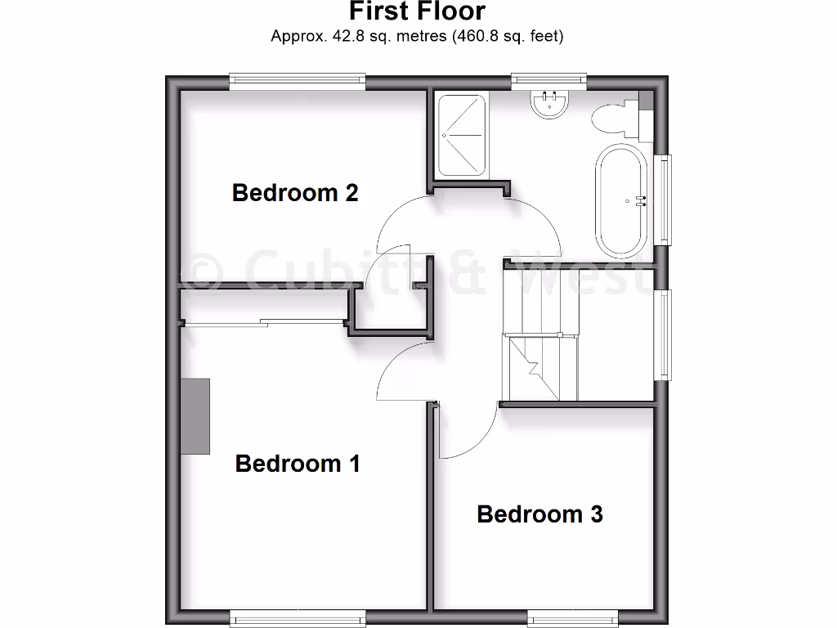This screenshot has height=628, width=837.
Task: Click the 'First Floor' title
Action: [x=417, y=11]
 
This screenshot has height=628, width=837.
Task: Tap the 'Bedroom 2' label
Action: [x=295, y=193]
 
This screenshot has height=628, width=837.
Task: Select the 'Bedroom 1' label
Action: [x=298, y=464]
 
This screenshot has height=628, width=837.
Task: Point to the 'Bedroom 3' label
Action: [x=539, y=514]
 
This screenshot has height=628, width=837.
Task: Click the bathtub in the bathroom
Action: [x=622, y=200]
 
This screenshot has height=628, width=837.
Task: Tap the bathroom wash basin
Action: [x=549, y=104]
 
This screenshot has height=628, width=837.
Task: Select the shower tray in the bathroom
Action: [x=463, y=136]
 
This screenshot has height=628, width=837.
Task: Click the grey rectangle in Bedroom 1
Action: [x=195, y=415]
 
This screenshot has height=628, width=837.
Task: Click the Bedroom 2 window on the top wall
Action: [x=297, y=80]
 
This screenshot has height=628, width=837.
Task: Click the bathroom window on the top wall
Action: [x=549, y=80]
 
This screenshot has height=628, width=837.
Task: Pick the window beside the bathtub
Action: [x=665, y=200]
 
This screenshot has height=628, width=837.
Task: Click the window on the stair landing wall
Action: [x=665, y=334]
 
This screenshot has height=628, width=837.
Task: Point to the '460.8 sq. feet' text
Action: [x=507, y=36]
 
